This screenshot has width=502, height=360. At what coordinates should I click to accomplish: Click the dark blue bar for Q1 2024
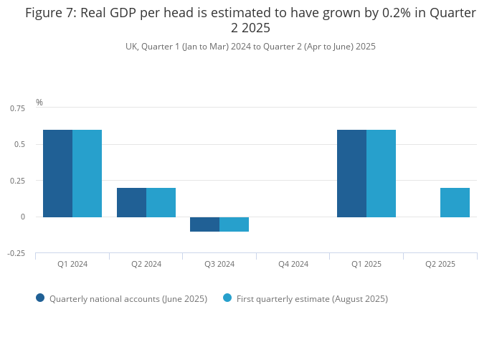coord(57,173)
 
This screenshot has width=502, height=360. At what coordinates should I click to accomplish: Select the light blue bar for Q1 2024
coord(87,173)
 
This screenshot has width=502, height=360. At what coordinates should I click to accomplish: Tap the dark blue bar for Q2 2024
coord(131,202)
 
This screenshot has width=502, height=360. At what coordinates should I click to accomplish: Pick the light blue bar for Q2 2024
coord(161,202)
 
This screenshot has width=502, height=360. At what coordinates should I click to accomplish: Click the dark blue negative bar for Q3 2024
coord(204,224)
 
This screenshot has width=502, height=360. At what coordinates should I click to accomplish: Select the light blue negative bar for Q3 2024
coord(234,224)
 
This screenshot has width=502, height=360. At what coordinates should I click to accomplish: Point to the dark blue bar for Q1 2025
coord(351,173)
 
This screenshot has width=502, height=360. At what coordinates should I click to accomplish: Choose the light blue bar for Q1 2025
coord(381,173)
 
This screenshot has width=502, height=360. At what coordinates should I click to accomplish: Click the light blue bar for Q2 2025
coord(455,202)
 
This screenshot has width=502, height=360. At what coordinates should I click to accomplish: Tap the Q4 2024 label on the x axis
coord(293,264)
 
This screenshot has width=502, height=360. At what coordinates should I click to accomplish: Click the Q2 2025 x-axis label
coord(440,264)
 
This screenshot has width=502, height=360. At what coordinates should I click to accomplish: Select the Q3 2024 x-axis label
coord(219,264)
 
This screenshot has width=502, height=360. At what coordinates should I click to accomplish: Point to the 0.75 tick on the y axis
coord(17,108)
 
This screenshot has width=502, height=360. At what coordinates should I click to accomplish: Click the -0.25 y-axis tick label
coord(17,253)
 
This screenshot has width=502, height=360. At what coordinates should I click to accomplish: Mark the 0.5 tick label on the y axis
coord(20,144)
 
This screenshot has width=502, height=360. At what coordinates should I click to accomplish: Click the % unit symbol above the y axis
coord(39,103)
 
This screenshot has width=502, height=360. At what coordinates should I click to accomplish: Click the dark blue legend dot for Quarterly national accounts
coord(40,298)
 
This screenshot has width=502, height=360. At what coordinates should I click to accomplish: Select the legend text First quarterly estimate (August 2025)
coord(312,298)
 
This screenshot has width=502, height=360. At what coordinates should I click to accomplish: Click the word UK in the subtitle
coord(131,47)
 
